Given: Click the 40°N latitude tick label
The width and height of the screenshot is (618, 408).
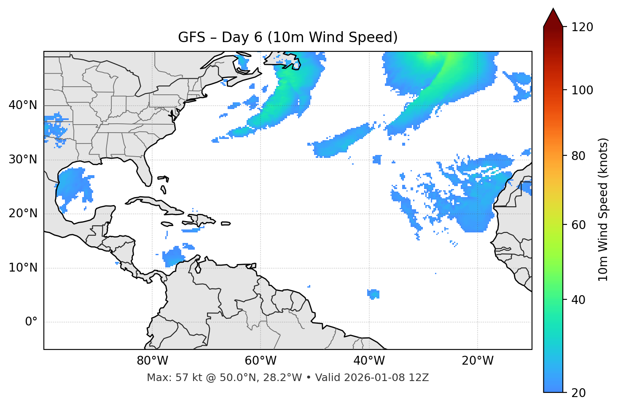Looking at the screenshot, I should tap(23, 105).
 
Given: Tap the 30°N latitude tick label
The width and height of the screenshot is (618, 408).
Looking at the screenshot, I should tap(23, 160).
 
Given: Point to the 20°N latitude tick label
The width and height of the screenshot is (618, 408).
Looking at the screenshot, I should tap(23, 213).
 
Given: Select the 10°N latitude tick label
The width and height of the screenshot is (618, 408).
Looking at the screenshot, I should tap(23, 268).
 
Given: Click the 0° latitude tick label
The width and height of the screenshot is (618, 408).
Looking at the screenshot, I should tap(31, 322).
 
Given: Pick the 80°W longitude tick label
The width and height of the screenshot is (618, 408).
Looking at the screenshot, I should tap(152, 361).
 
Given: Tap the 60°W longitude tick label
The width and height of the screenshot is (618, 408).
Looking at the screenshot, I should tap(261, 361).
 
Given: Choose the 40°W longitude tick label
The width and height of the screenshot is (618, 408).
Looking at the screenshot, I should tap(369, 361).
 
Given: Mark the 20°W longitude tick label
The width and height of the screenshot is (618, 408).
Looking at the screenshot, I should tap(477, 361).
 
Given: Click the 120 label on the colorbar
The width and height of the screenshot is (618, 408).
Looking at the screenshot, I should tap(582, 27).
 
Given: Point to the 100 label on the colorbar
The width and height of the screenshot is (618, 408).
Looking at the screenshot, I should tap(582, 90).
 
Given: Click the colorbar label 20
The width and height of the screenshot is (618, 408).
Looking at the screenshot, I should tap(578, 393).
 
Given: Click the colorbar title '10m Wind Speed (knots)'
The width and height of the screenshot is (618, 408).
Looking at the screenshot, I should tap(603, 210).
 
